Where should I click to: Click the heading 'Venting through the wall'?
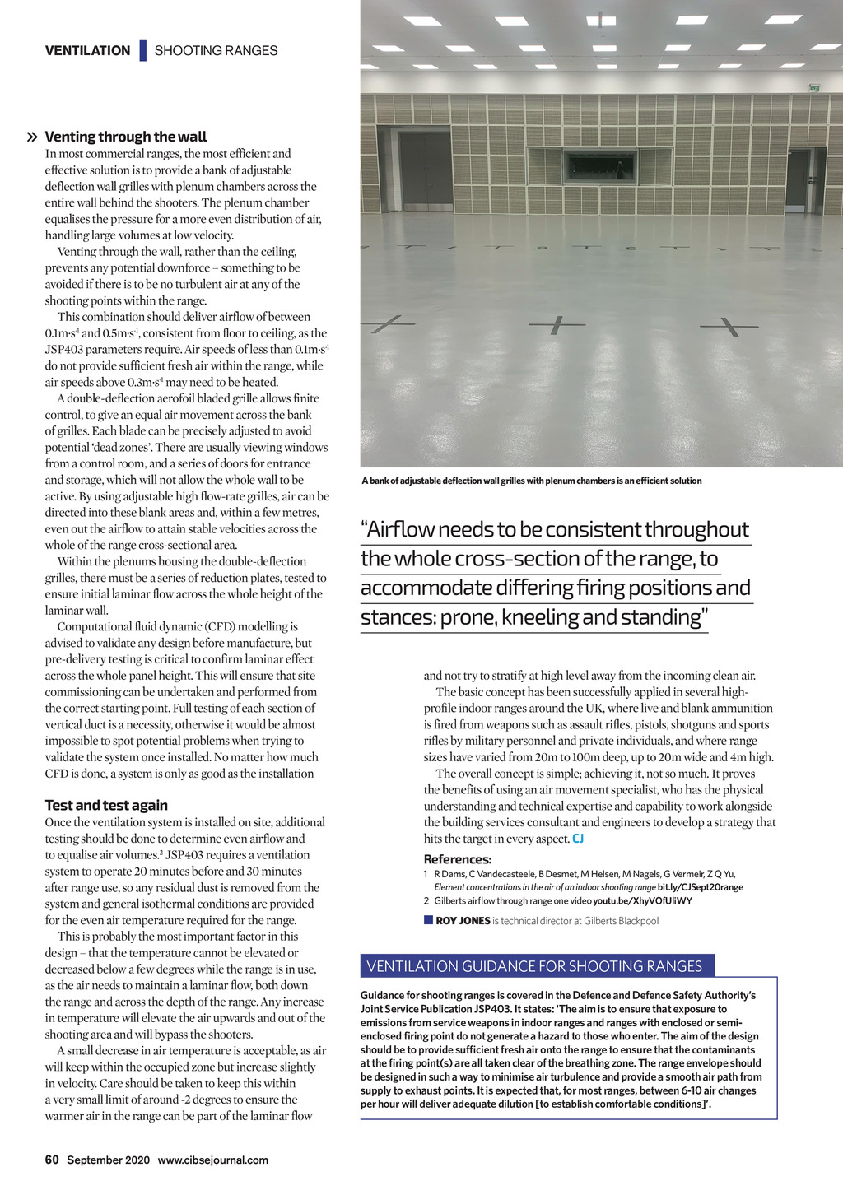tap(125, 137)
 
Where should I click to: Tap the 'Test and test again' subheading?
tap(106, 805)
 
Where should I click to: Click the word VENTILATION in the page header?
tap(87, 50)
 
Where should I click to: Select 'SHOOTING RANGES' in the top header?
tap(216, 50)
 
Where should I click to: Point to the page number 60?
tap(52, 1160)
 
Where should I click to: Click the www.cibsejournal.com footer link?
tap(212, 1160)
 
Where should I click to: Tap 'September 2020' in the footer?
tap(108, 1160)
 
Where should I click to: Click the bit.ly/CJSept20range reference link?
tap(700, 887)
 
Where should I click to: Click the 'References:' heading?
tap(457, 859)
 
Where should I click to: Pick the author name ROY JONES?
tap(463, 921)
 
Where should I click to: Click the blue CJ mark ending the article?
tap(578, 839)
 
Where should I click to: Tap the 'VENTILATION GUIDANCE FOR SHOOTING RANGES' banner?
tap(534, 966)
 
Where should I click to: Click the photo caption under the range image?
tap(531, 481)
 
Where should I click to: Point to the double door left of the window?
tap(426, 170)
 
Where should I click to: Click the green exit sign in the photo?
tap(814, 88)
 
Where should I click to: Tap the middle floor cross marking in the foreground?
tap(557, 325)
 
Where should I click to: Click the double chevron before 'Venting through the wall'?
tap(32, 137)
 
